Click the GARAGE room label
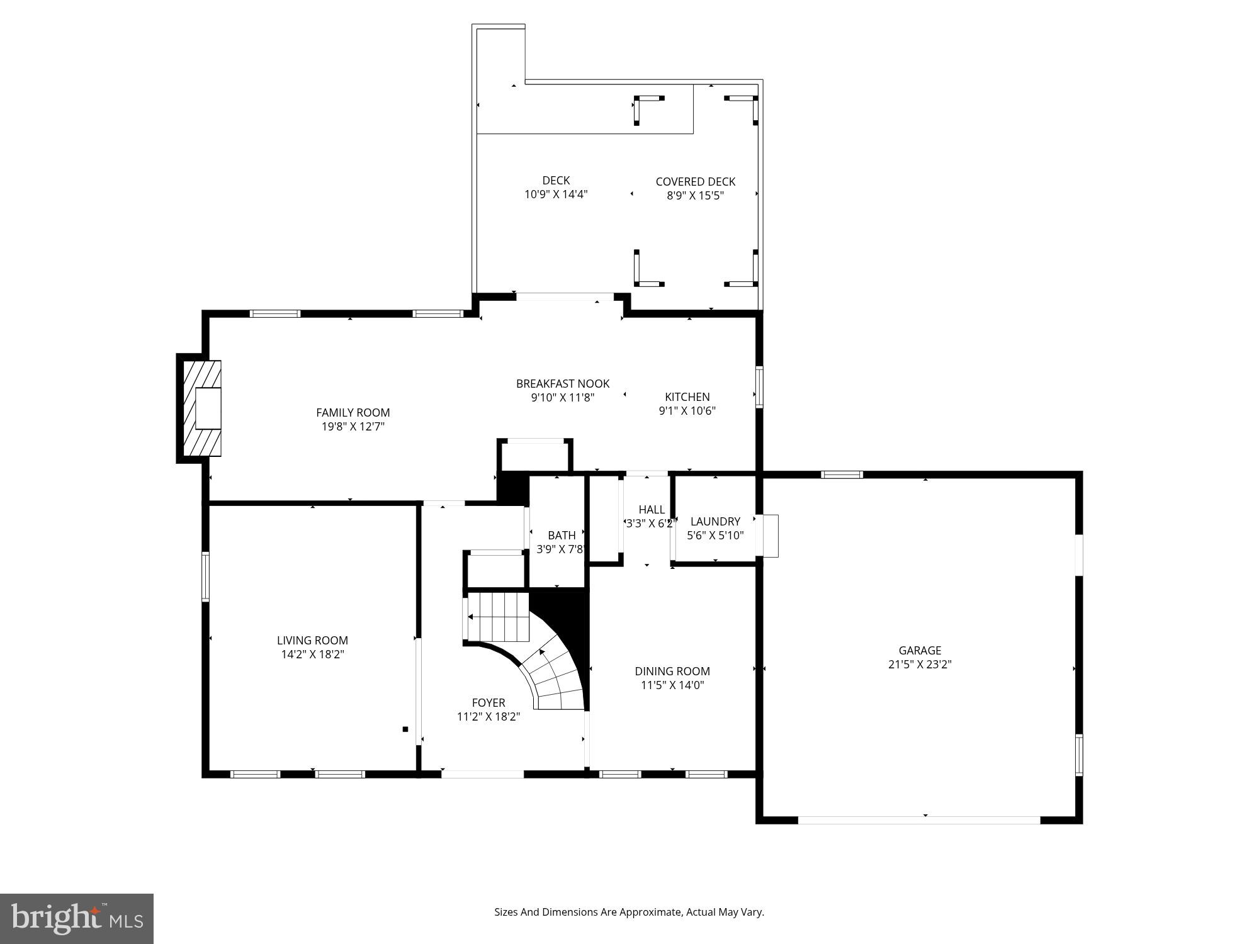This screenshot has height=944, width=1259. pyautogui.click(x=920, y=651)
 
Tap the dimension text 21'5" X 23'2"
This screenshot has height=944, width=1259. pyautogui.click(x=920, y=665)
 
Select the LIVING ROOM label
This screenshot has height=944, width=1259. pyautogui.click(x=312, y=641)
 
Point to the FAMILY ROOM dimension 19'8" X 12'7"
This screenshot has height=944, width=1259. pyautogui.click(x=353, y=427)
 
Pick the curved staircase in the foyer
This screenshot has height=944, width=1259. pyautogui.click(x=554, y=673)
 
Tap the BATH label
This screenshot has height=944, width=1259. pyautogui.click(x=562, y=536)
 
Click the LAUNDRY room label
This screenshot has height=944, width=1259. pyautogui.click(x=715, y=522)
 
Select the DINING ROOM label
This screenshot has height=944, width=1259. pyautogui.click(x=672, y=671)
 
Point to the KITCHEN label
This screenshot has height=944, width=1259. pyautogui.click(x=687, y=397)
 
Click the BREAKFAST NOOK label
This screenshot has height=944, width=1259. pyautogui.click(x=563, y=384)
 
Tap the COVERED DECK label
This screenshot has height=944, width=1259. pyautogui.click(x=696, y=182)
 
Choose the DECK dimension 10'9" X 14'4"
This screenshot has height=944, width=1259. pyautogui.click(x=556, y=194)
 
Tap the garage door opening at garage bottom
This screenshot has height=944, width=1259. pyautogui.click(x=919, y=820)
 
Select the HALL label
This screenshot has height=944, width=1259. pyautogui.click(x=652, y=510)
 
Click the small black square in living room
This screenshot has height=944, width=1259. pyautogui.click(x=405, y=729)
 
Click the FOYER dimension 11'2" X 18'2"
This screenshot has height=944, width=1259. pyautogui.click(x=488, y=717)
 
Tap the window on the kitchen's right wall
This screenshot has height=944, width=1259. pyautogui.click(x=759, y=387)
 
